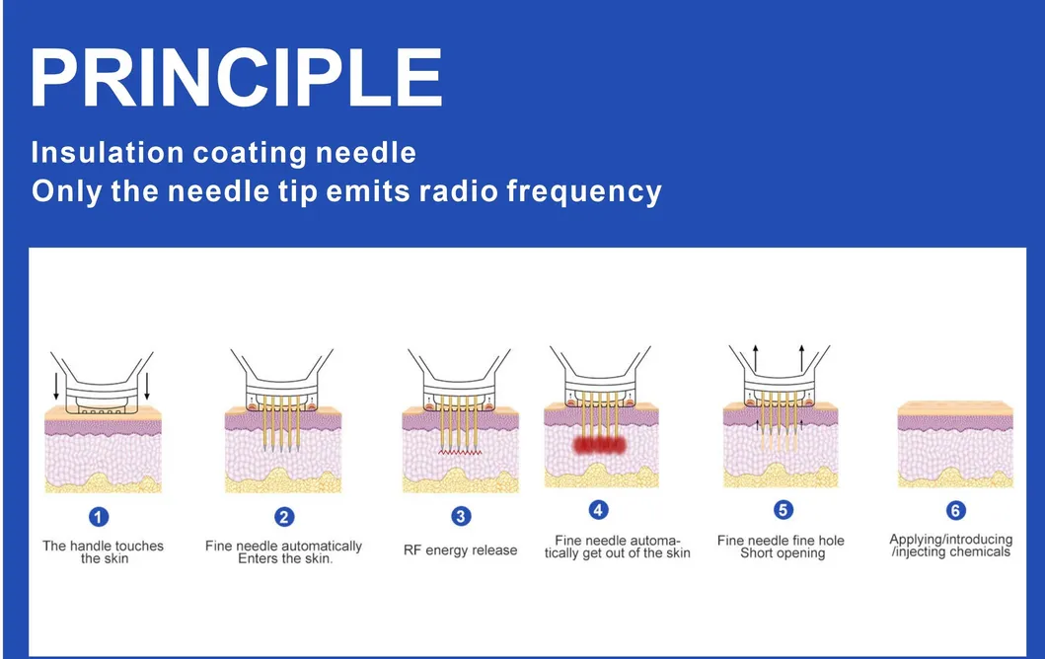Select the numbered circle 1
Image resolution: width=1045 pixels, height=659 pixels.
pyautogui.click(x=99, y=517)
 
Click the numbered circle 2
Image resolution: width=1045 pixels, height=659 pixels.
pyautogui.click(x=284, y=516)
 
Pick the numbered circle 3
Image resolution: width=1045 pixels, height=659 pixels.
pyautogui.click(x=460, y=516)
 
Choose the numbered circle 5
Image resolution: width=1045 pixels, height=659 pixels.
pyautogui.click(x=783, y=510)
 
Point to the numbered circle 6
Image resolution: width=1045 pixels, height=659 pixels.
pyautogui.click(x=954, y=510)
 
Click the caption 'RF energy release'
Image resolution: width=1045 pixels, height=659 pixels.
pyautogui.click(x=460, y=550)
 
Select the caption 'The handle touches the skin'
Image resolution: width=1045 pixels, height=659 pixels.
pyautogui.click(x=103, y=551)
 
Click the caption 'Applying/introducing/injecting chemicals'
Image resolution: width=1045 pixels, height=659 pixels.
pyautogui.click(x=951, y=546)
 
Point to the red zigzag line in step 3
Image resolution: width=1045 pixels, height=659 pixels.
pyautogui.click(x=460, y=449)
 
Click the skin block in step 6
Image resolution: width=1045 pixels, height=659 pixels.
pyautogui.click(x=954, y=446)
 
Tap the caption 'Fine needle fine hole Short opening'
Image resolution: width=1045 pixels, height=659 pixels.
pyautogui.click(x=781, y=547)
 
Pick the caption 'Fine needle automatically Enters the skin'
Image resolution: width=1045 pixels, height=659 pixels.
pyautogui.click(x=284, y=552)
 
